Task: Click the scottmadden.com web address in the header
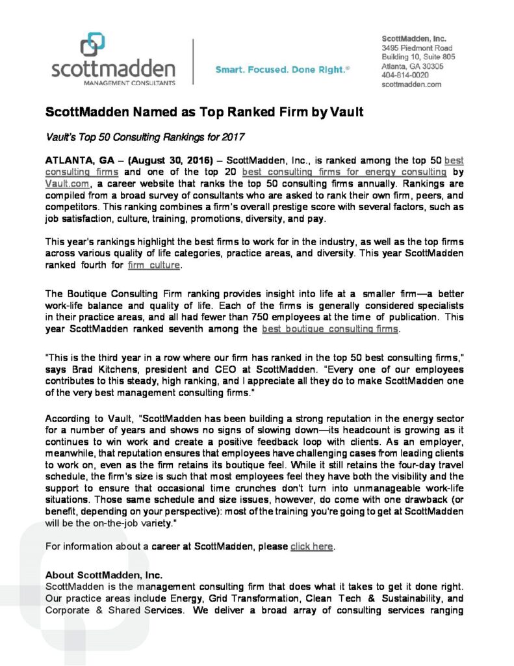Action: click(411, 84)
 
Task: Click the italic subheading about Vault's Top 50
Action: click(144, 137)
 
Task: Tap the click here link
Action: click(311, 546)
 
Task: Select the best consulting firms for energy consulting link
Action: click(344, 172)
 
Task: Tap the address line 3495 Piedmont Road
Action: click(417, 48)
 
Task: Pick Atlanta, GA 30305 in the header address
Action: click(413, 66)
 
